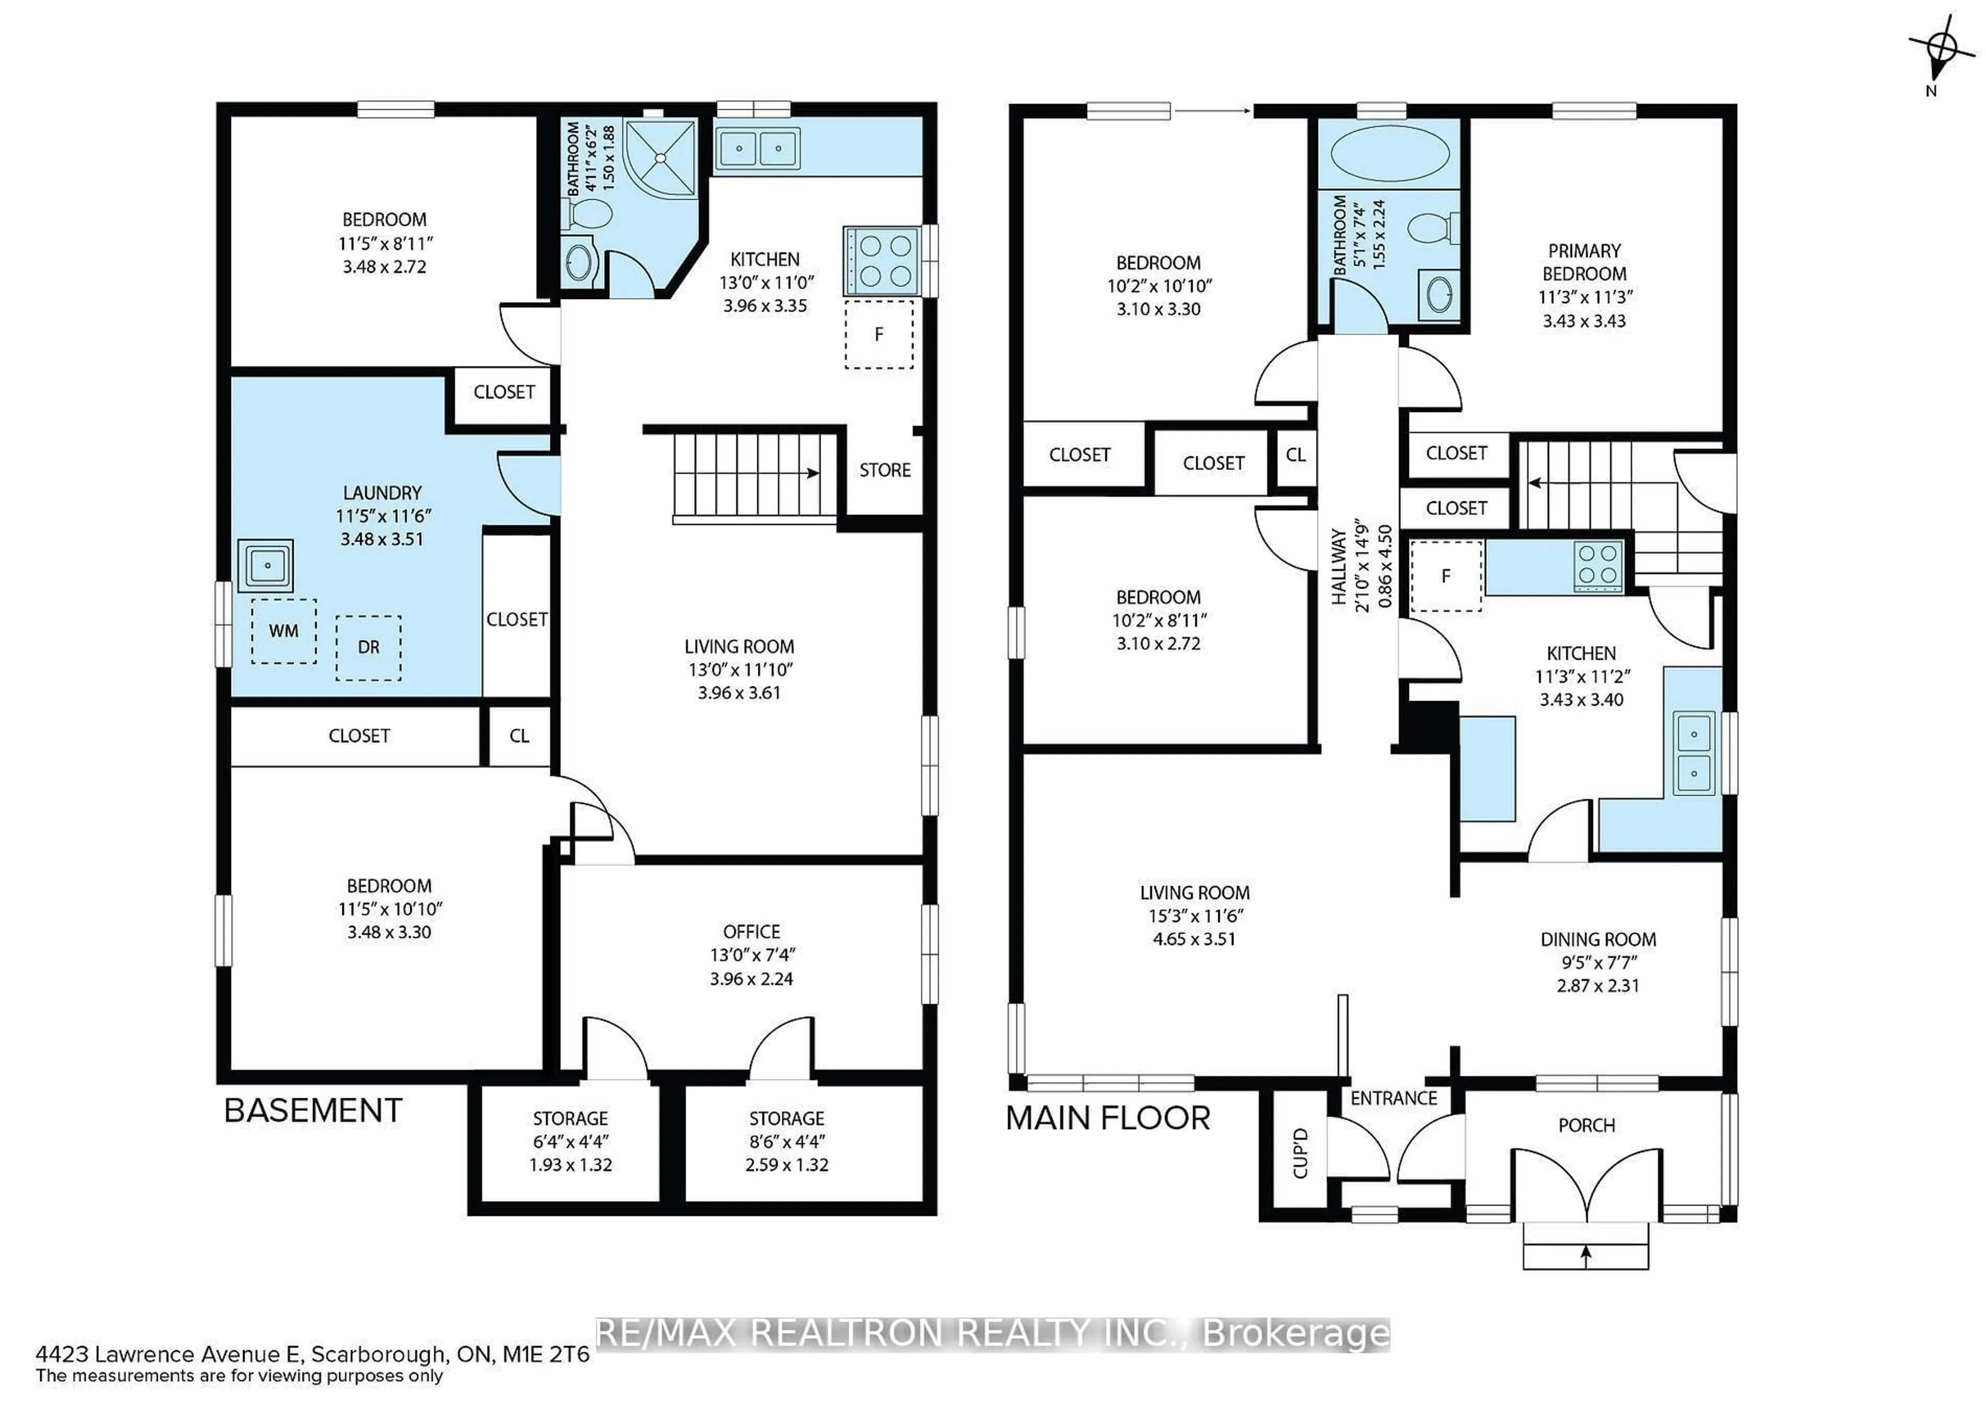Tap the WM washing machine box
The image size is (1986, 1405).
[284, 631]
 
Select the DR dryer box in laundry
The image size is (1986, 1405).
[368, 647]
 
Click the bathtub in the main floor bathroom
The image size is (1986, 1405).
[1390, 156]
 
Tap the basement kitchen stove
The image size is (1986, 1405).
[881, 260]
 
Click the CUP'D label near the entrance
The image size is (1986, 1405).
[1301, 1153]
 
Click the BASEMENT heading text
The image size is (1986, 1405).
[313, 1111]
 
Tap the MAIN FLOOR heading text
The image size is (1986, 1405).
[1108, 1118]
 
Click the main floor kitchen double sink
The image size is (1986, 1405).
[1694, 753]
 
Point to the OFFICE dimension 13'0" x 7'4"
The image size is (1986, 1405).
[751, 955]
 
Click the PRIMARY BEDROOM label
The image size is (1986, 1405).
[1584, 262]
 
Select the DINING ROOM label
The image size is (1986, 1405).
[1598, 939]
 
